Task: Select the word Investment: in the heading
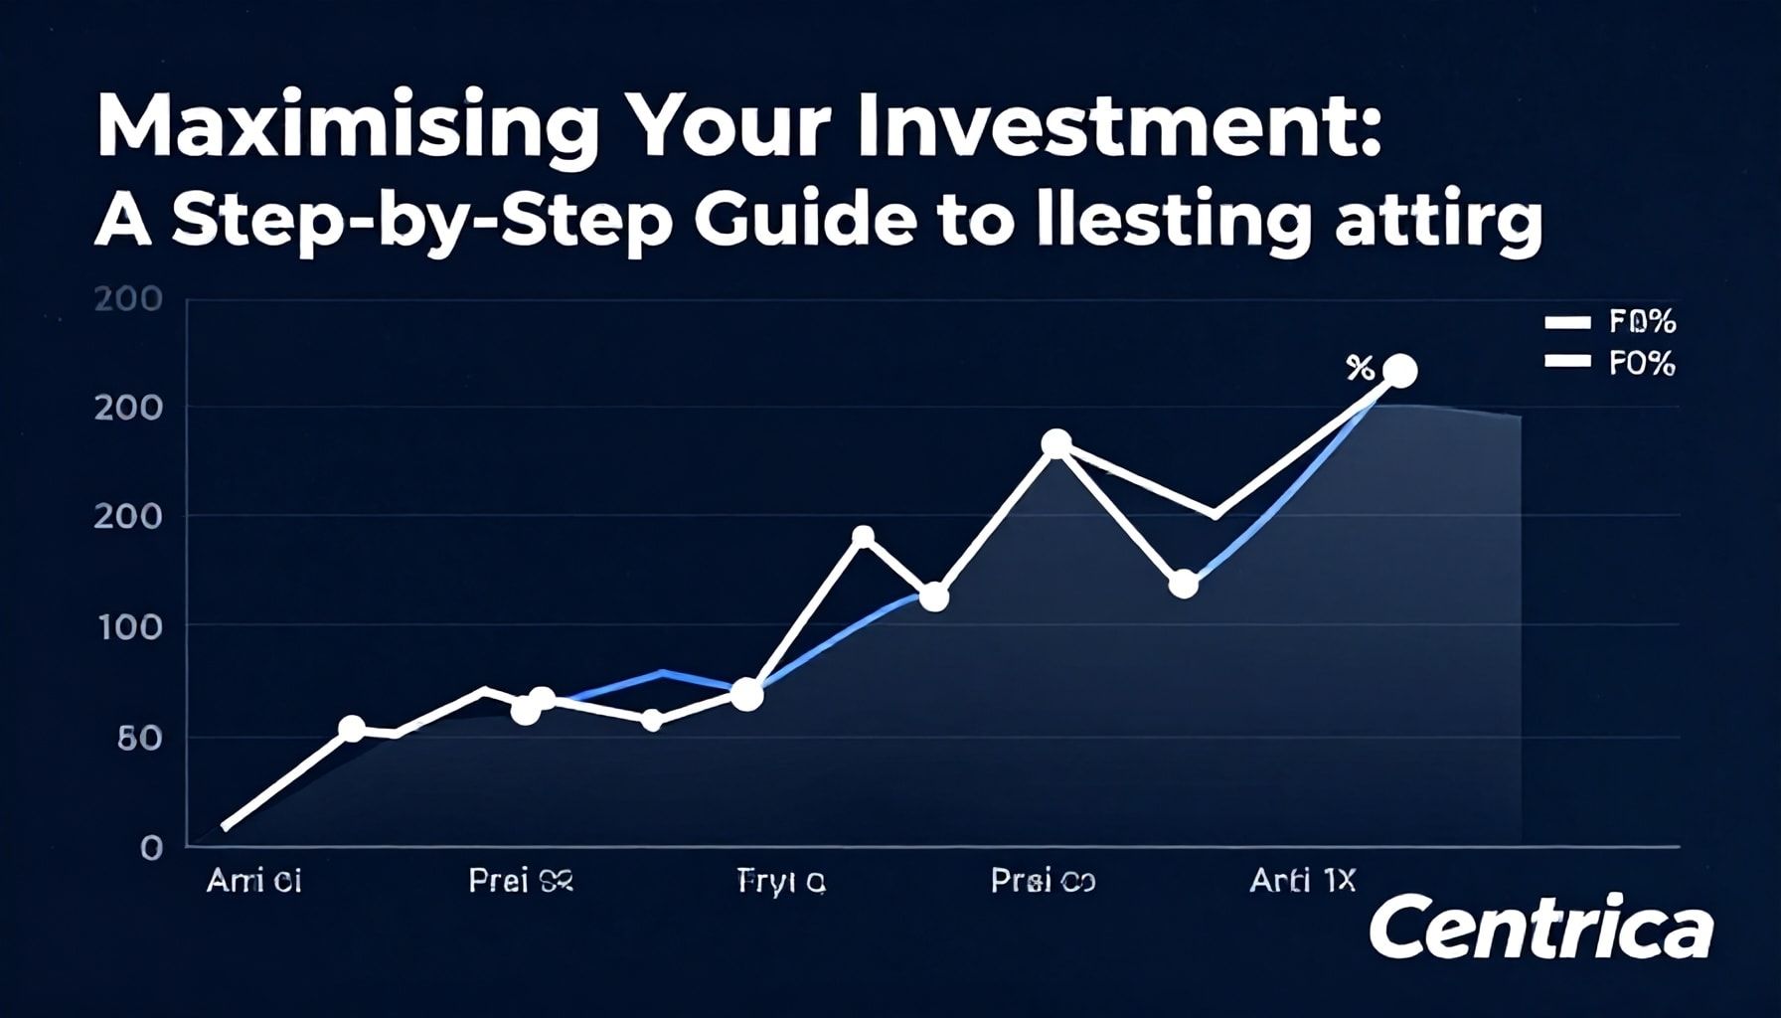1119,127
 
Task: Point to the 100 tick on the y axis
128,627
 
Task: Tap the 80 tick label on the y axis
138,738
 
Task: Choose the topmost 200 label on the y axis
128,299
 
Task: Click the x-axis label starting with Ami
253,881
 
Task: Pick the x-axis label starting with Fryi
781,881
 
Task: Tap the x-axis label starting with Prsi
1043,881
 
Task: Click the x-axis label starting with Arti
1302,881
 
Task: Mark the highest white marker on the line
1399,372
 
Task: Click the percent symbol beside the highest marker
1360,369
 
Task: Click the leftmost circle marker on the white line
352,729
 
